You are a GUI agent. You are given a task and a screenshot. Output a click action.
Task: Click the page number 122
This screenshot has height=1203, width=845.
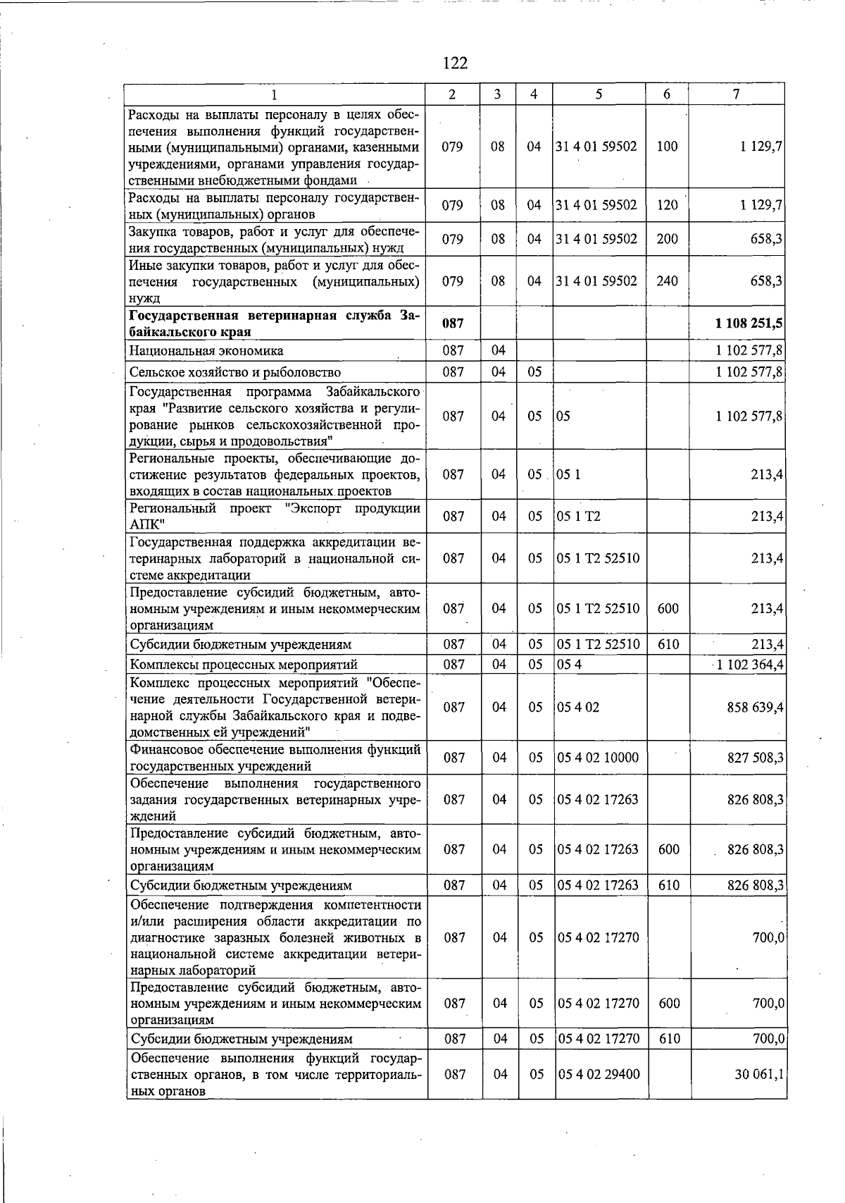coord(455,63)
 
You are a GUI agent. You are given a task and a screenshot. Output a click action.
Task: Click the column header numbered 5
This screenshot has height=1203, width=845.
coord(598,94)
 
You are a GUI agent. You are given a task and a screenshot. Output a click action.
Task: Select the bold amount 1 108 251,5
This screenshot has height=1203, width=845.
coord(749,323)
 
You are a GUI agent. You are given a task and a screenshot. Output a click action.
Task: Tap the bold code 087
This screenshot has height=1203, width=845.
coord(453,323)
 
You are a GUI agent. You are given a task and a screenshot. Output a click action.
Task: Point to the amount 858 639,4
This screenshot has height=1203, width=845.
coord(755,707)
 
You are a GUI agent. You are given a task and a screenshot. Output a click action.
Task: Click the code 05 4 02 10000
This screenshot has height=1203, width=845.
coord(598,758)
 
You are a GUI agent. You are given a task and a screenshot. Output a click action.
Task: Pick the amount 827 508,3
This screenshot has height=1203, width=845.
coord(755,758)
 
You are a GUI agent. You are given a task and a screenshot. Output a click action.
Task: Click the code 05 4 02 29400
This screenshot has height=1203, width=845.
coord(598,1074)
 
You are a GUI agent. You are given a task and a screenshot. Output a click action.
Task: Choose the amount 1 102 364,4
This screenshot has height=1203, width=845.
coord(750,664)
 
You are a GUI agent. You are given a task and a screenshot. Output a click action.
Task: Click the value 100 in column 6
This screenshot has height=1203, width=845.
coord(666,146)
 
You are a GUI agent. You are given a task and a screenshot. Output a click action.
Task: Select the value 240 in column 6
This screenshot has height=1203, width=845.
coord(666,280)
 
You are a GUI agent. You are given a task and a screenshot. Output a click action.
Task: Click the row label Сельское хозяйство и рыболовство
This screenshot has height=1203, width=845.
coord(234,372)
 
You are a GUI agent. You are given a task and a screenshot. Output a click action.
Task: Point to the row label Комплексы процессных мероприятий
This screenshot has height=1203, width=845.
coord(244,664)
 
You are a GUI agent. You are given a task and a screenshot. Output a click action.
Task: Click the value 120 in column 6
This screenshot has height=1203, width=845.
coord(666,205)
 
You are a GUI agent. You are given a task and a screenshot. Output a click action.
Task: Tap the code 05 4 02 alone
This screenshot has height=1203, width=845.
coord(578,707)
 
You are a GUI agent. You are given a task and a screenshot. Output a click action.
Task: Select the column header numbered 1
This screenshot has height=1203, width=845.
coord(275,94)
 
